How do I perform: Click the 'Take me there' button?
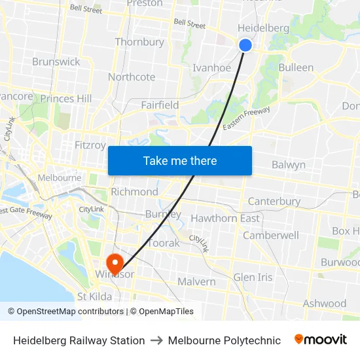point(180,160)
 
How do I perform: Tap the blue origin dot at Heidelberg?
point(245,45)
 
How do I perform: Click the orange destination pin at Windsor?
point(115,263)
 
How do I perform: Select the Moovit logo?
point(321,340)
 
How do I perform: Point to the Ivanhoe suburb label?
point(211,67)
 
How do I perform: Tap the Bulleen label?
point(296,67)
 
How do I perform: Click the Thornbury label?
point(139,42)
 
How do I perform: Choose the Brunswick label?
point(56,62)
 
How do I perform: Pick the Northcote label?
point(132,77)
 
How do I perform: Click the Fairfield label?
point(160,105)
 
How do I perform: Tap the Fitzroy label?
point(90,145)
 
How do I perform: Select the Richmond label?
point(134,192)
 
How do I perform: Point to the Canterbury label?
point(274,201)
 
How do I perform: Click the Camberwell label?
point(271,235)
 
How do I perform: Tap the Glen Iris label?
point(253,277)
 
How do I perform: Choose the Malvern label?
point(196,281)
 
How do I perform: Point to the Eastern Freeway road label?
point(246,119)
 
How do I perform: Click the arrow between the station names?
point(156,340)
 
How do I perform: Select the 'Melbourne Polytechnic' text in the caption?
point(225,340)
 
